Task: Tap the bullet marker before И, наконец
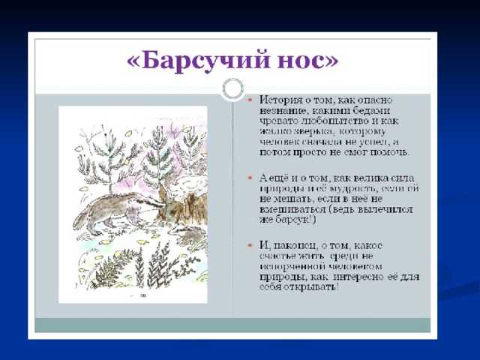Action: coord(251,246)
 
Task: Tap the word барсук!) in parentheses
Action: coord(293,220)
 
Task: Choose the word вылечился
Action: coord(391,210)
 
